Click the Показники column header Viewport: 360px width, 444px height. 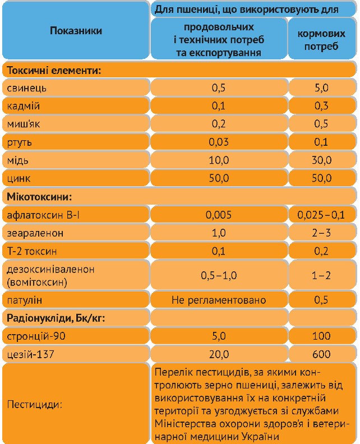click(76, 31)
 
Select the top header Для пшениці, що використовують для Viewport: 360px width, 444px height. click(254, 10)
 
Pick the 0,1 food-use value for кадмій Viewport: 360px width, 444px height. click(218, 106)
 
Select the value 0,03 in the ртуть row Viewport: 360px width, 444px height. click(218, 142)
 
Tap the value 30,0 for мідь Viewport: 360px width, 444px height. click(321, 160)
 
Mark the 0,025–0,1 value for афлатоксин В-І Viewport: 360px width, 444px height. click(321, 214)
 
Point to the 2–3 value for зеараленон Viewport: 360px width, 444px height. click(321, 233)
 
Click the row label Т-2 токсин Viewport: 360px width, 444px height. click(33, 251)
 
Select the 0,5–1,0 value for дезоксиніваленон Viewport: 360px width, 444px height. click(218, 275)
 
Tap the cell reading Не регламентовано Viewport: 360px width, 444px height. click(218, 300)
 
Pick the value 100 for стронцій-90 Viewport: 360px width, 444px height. click(321, 336)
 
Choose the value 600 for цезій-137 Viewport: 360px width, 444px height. click(321, 354)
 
